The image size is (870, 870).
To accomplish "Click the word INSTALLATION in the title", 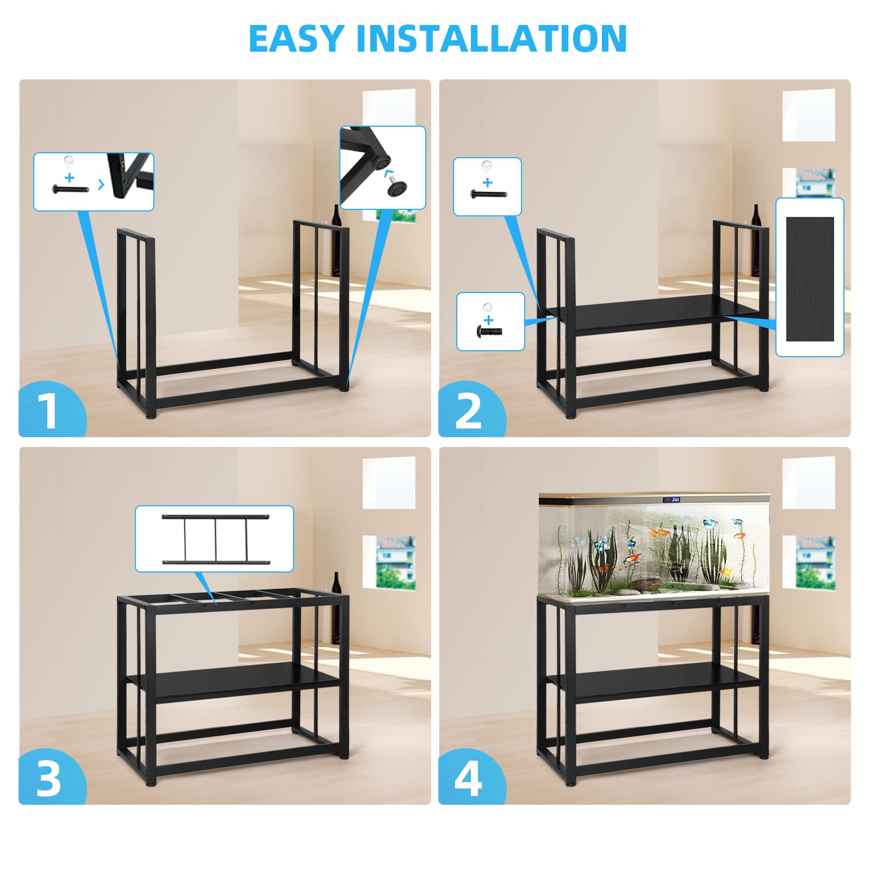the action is pos(492,39).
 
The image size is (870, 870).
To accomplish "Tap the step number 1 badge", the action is pos(52,409).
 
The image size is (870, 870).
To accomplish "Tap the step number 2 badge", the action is pos(471,409).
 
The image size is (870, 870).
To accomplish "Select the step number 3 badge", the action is pos(52,777).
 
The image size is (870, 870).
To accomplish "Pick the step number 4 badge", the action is pos(471,777).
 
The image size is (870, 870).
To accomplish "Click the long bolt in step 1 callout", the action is pos(70,189).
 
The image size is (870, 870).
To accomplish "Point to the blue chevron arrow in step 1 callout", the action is pos(101,185).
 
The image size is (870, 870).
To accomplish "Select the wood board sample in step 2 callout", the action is pos(810,279).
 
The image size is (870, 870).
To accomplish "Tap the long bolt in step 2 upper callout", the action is pos(489,194).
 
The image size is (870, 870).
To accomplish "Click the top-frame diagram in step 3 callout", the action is pos(216,539).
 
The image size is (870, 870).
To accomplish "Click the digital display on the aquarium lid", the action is pos(672,499).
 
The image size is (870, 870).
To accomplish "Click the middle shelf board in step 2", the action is pos(652,314).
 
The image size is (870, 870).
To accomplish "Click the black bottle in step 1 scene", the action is pos(337,240).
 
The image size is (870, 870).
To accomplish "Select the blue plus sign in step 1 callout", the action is pos(69,177).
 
